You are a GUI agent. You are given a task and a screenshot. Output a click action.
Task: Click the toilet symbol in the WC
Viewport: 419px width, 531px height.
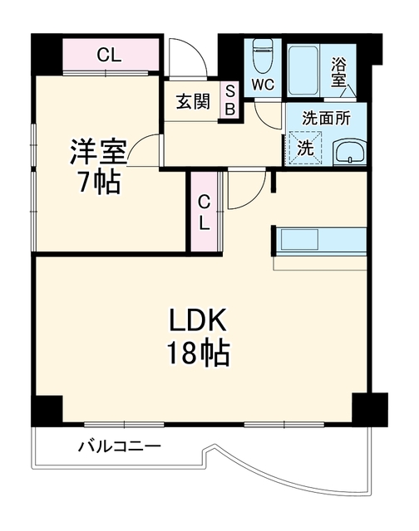pos(264,56)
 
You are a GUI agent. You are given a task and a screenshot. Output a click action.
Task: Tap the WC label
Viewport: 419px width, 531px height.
pos(263,85)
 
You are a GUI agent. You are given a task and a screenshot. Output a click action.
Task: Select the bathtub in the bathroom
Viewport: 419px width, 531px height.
pos(303,71)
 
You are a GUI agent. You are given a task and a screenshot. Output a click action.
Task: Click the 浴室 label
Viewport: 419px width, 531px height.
pos(338,72)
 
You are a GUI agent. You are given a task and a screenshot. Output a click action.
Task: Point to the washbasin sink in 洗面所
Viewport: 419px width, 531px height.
pos(349,152)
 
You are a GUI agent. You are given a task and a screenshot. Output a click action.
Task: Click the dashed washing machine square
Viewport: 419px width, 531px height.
pos(305,148)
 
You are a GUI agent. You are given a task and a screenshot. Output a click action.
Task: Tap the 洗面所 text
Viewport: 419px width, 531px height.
pos(326,119)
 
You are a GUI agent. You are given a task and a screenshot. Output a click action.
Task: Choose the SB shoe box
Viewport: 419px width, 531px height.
pos(230,100)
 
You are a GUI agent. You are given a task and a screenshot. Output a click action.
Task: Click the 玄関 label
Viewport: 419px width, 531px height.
pos(193,101)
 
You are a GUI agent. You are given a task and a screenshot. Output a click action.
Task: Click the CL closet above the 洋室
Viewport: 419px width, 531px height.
pos(111,55)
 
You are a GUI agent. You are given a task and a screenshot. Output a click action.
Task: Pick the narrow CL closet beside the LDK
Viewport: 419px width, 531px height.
pos(204,212)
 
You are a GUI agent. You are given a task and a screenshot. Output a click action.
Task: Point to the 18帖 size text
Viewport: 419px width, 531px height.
pos(198,353)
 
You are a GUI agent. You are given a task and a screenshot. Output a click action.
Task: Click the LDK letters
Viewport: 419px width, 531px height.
pos(198,320)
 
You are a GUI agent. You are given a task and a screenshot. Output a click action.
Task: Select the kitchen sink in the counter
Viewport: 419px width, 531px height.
pos(299,240)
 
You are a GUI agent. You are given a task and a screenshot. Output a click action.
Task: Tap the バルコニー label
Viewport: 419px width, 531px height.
pos(120,446)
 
